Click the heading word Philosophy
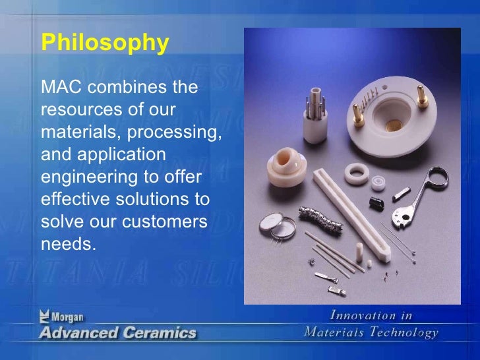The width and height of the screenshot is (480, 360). tap(105, 44)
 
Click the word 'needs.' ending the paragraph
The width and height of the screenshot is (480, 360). tap(68, 244)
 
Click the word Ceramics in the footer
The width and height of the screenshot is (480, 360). tap(159, 332)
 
